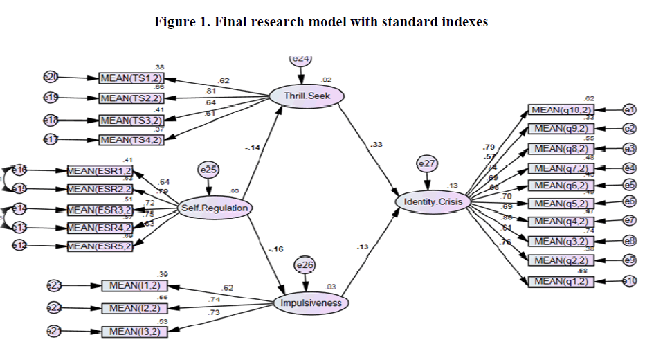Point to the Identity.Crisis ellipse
coord(433,201)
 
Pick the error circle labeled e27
coord(428,164)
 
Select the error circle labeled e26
coord(305,266)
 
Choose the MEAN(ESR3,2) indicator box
coord(100,209)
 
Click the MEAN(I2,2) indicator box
coord(134,307)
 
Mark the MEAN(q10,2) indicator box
coord(561,110)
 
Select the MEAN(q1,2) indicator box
coord(561,281)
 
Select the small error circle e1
coord(628,110)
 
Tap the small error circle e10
coord(628,281)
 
